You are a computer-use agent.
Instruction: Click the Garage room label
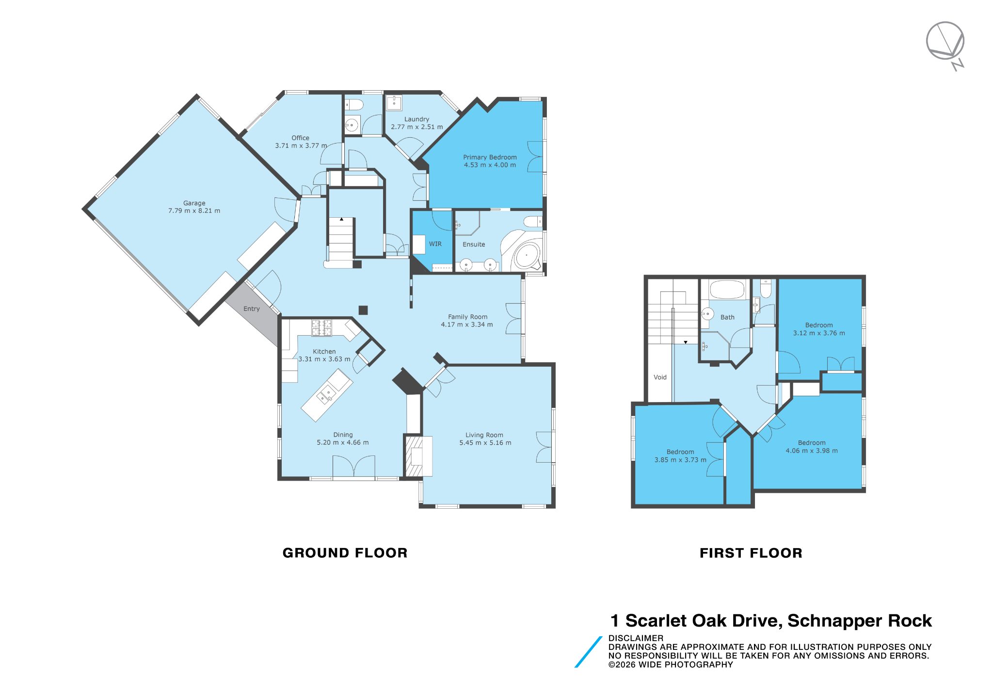[x=194, y=203]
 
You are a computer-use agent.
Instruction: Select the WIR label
[x=435, y=244]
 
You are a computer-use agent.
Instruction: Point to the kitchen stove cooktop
[x=321, y=327]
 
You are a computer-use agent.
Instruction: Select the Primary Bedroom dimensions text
[x=490, y=165]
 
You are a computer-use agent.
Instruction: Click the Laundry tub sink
[x=394, y=103]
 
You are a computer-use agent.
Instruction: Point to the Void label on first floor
[x=660, y=377]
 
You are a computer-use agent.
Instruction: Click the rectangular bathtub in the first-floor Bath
[x=727, y=290]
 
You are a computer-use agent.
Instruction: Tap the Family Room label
[x=467, y=317]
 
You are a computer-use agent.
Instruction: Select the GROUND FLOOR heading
[x=345, y=553]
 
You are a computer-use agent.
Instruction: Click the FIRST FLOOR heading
[x=751, y=553]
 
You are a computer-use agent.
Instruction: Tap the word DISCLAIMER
[x=636, y=638]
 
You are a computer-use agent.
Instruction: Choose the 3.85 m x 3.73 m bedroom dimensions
[x=680, y=460]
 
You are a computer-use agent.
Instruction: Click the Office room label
[x=300, y=138]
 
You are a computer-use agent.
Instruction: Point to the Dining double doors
[x=353, y=467]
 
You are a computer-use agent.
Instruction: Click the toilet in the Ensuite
[x=533, y=222]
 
